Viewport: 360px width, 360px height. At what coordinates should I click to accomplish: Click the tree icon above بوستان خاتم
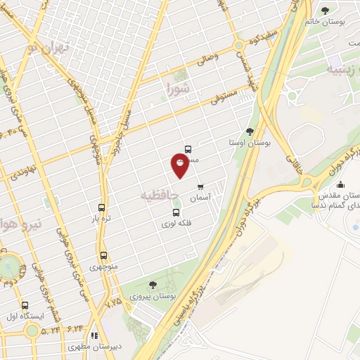[325, 10]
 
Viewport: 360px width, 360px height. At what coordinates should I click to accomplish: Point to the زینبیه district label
[342, 69]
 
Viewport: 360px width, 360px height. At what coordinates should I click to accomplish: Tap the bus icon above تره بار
[102, 208]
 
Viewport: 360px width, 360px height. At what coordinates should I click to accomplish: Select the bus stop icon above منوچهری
[103, 256]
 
